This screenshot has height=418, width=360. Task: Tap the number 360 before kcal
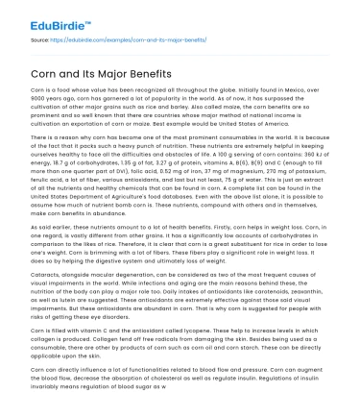(x=301, y=155)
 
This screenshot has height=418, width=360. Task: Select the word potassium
(x=325, y=170)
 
